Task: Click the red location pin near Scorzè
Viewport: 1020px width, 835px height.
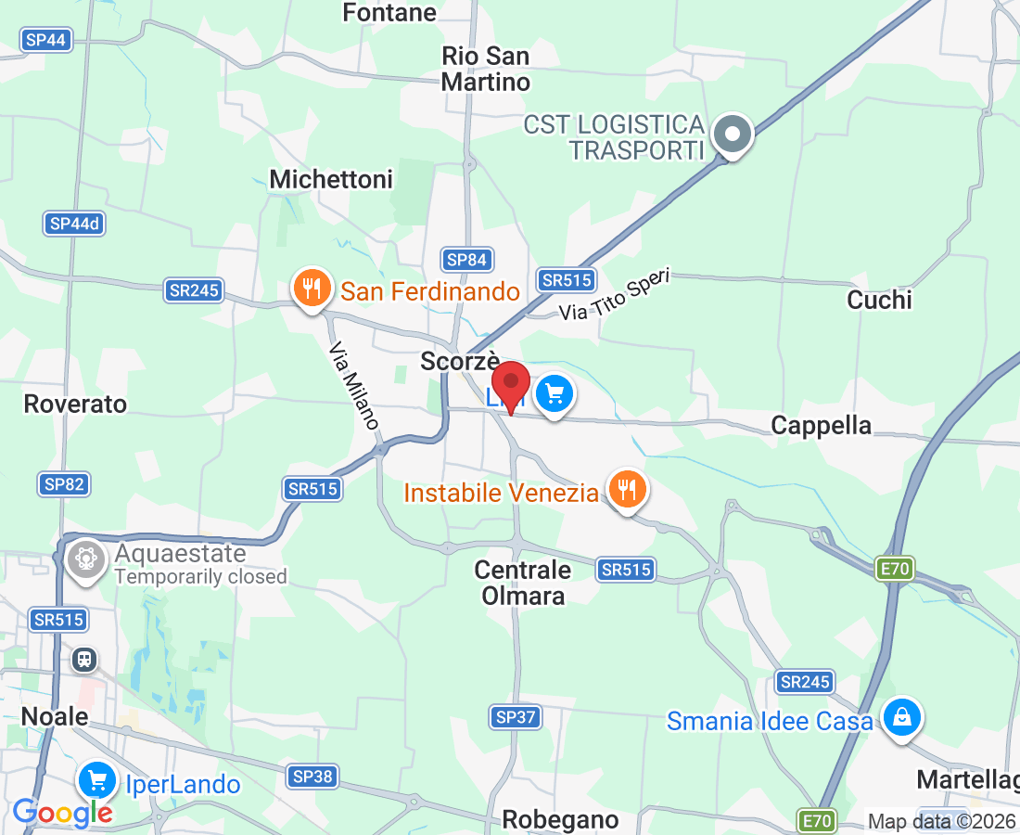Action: pos(510,382)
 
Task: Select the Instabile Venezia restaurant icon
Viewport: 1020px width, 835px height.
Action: pos(627,488)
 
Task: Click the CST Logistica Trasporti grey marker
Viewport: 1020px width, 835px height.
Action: pos(733,135)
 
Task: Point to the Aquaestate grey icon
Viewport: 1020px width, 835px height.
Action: pos(86,559)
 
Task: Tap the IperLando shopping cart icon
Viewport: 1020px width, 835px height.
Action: pos(96,780)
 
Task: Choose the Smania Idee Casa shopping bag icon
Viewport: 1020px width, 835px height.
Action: pos(899,717)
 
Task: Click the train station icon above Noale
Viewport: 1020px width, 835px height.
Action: pos(84,659)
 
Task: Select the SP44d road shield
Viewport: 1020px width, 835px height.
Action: pos(73,224)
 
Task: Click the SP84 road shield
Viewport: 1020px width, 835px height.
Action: pos(465,260)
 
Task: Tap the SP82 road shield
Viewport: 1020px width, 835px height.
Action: pos(64,483)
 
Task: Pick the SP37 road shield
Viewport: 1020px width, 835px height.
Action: pos(516,716)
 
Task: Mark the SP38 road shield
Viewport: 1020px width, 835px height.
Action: pos(312,776)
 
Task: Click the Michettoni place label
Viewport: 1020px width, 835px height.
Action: pos(331,179)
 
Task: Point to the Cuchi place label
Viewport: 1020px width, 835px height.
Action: pos(879,300)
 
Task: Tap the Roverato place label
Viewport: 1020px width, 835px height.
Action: pos(75,404)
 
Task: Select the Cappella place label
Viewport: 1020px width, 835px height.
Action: pos(822,425)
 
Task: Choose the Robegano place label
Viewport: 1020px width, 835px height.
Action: pos(560,819)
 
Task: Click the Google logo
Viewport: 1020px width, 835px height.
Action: pos(62,813)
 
